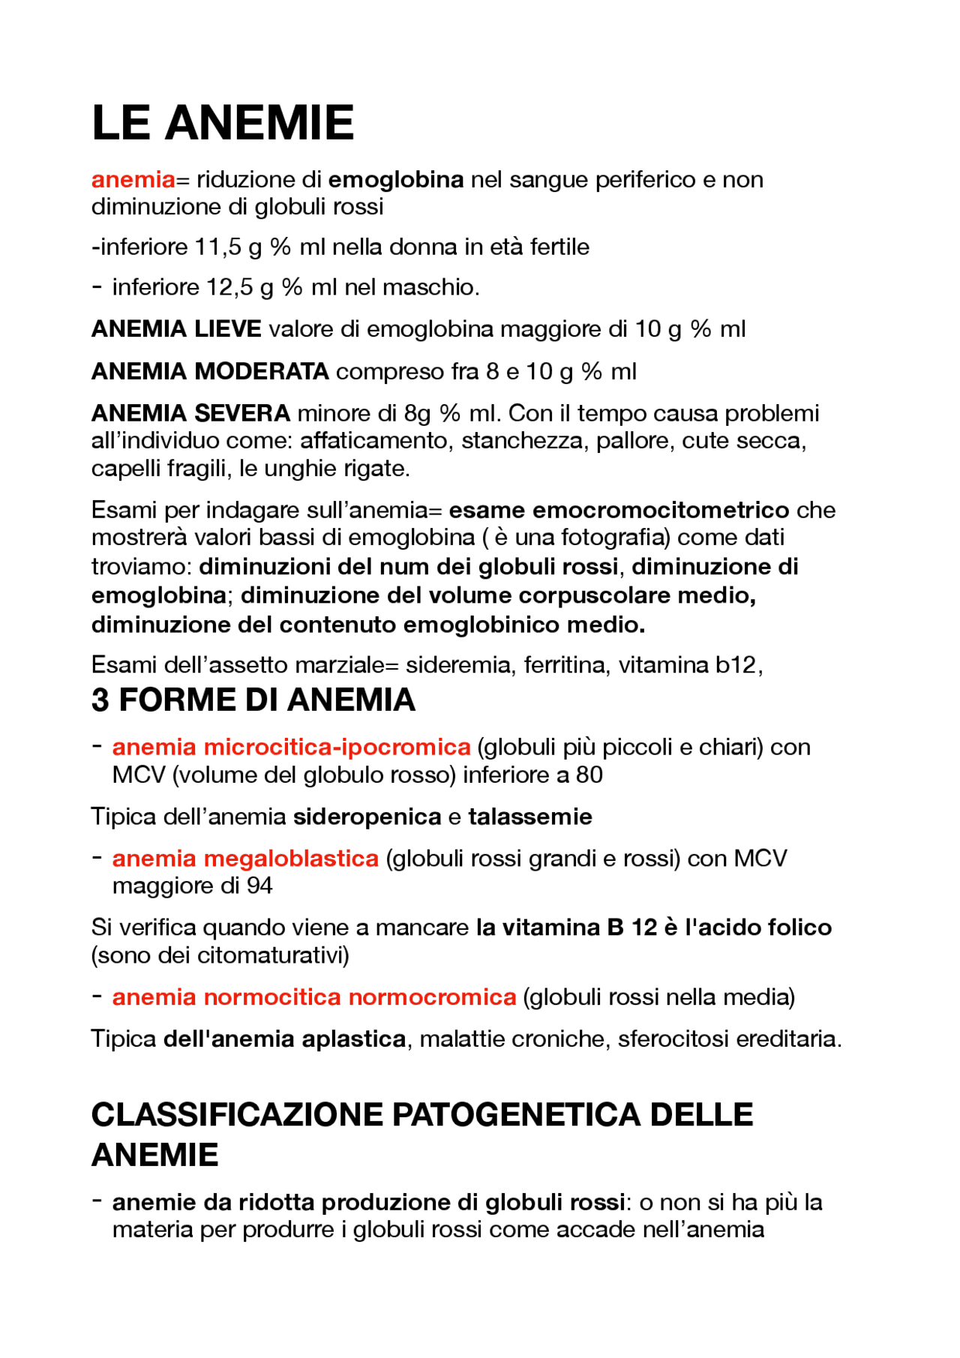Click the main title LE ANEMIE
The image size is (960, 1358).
222,123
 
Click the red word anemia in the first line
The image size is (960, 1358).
133,180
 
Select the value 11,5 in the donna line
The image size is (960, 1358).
218,247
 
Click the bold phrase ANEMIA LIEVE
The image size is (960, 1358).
176,329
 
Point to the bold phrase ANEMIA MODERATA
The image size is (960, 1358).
210,371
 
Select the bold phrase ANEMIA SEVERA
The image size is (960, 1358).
190,413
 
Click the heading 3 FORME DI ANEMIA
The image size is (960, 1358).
253,700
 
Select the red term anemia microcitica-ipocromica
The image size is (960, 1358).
291,748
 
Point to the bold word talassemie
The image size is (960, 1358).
529,817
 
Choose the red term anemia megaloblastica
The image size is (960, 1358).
245,859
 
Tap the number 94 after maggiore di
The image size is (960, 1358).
259,886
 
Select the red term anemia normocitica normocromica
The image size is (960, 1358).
313,997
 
